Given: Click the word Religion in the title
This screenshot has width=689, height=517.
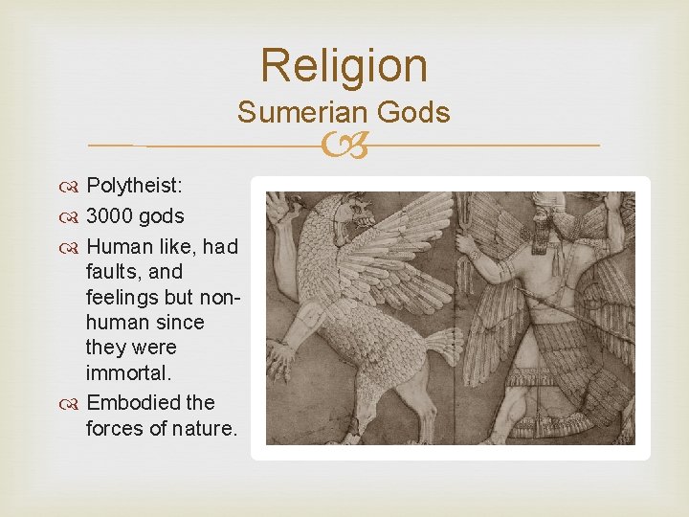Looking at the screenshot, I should (x=344, y=66).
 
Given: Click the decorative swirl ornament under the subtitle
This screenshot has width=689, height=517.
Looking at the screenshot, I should (x=344, y=146).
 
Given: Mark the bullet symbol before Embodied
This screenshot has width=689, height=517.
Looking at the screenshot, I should (x=75, y=403).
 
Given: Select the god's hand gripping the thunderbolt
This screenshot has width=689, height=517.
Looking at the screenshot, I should (x=466, y=246).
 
